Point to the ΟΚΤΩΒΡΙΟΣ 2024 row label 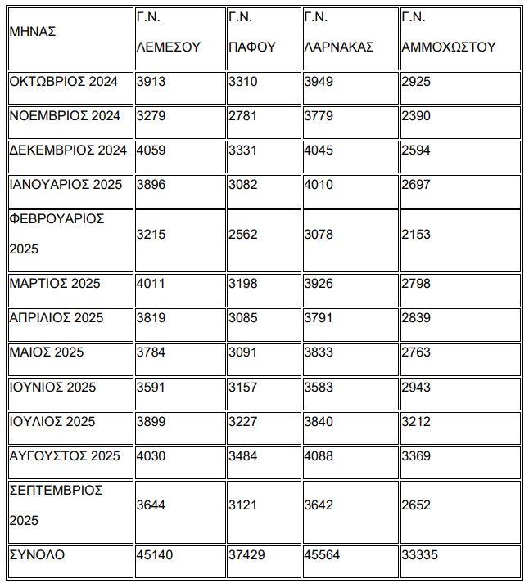coord(64,82)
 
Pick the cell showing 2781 coord(243,116)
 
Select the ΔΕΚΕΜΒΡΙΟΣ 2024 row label coord(68,150)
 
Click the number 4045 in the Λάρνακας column coord(319,150)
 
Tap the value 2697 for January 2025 coord(416,185)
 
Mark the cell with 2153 coord(416,234)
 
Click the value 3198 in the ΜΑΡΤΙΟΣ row coord(243,284)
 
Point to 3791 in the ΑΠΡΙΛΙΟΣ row coord(319,318)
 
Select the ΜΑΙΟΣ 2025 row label coord(47,352)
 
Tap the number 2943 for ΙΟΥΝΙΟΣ coord(416,387)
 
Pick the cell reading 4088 coord(319,455)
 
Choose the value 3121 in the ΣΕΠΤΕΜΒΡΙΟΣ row coord(243,505)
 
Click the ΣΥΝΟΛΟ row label coord(37,555)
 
